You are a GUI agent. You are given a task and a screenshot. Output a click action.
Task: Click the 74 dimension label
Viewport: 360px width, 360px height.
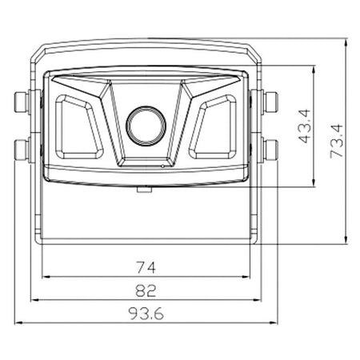[146, 268]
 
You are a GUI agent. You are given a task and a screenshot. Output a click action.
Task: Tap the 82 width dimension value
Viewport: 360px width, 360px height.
[146, 290]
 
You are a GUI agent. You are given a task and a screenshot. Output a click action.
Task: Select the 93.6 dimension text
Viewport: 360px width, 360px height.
[146, 314]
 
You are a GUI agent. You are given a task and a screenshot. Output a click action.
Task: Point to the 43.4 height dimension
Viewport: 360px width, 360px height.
[305, 126]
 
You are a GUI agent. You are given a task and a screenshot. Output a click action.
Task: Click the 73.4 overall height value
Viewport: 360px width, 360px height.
[336, 141]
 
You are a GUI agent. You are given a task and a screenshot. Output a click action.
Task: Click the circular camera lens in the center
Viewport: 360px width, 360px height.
[146, 126]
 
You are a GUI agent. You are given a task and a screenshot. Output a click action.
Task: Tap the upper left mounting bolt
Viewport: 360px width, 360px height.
[22, 102]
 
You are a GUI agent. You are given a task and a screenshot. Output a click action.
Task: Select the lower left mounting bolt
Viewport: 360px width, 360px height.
[22, 150]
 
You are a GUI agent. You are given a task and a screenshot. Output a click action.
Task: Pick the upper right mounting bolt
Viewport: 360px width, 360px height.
[270, 102]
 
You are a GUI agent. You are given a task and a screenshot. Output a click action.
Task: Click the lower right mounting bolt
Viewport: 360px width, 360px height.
[270, 150]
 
